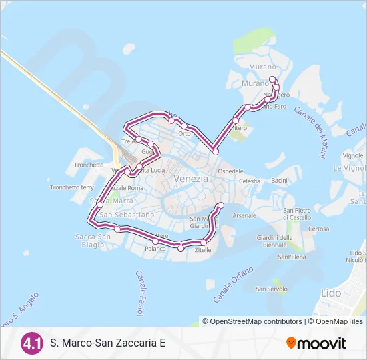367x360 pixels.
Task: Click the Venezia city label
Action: point(191,179)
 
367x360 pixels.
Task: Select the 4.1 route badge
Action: point(32,343)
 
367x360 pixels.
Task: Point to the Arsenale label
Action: point(244,216)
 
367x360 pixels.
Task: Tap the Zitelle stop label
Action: point(203,251)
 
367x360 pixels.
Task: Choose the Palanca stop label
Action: point(155,249)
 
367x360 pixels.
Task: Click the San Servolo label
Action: point(272,289)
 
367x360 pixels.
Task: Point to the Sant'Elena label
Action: point(292,257)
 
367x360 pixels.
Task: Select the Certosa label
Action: point(318,229)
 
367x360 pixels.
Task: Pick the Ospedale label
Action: point(231,171)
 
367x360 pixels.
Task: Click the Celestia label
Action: point(250,181)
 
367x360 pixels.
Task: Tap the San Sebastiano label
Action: point(127,215)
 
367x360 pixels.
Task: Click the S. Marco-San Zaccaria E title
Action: point(107,344)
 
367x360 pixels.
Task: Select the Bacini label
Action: point(279,181)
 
